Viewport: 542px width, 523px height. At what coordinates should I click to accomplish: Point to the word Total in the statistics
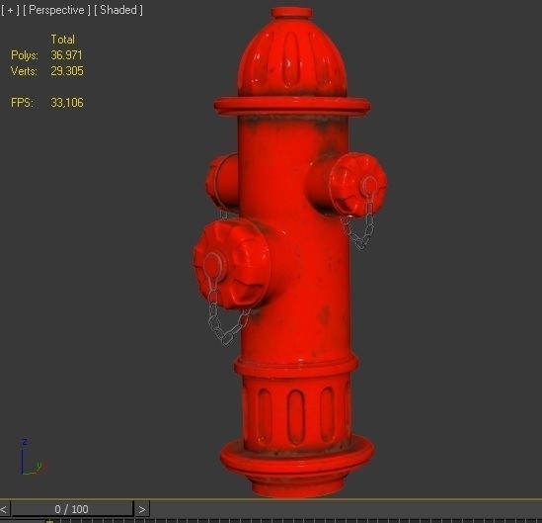(x=62, y=40)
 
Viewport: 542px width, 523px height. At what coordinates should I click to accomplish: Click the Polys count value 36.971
(x=67, y=55)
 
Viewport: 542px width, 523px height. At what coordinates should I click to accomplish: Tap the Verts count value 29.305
(x=67, y=71)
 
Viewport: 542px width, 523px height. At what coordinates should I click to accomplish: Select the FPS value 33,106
(x=67, y=103)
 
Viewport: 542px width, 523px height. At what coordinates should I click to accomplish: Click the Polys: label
(x=25, y=55)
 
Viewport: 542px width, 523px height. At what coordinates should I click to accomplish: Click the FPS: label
(x=22, y=103)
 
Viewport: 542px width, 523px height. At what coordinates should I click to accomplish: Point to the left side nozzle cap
(x=221, y=177)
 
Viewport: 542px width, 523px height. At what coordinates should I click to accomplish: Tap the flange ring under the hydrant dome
(x=291, y=104)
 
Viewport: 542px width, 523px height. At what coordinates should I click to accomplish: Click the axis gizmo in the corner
(x=27, y=458)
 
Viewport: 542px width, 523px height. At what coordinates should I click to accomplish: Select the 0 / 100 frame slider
(x=71, y=509)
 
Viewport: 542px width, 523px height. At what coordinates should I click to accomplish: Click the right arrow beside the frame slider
(x=142, y=509)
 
